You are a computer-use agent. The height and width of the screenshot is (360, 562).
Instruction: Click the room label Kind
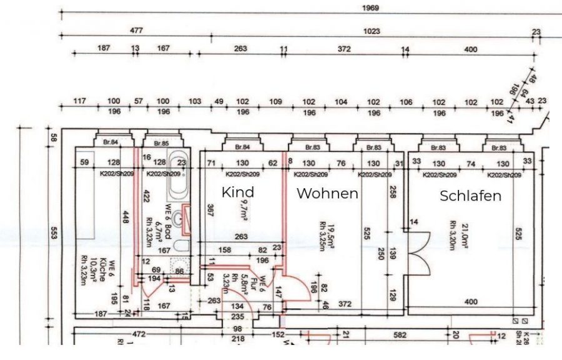[238, 192]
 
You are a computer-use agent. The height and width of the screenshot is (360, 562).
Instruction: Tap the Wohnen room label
[327, 193]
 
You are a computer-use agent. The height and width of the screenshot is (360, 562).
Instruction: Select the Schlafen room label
[470, 196]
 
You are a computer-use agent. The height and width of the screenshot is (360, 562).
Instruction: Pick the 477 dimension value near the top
[136, 30]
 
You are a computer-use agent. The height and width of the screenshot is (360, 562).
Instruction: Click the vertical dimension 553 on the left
[54, 233]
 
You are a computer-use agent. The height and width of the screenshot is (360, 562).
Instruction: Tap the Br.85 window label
[161, 144]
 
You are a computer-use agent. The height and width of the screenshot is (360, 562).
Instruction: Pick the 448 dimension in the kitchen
[126, 217]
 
